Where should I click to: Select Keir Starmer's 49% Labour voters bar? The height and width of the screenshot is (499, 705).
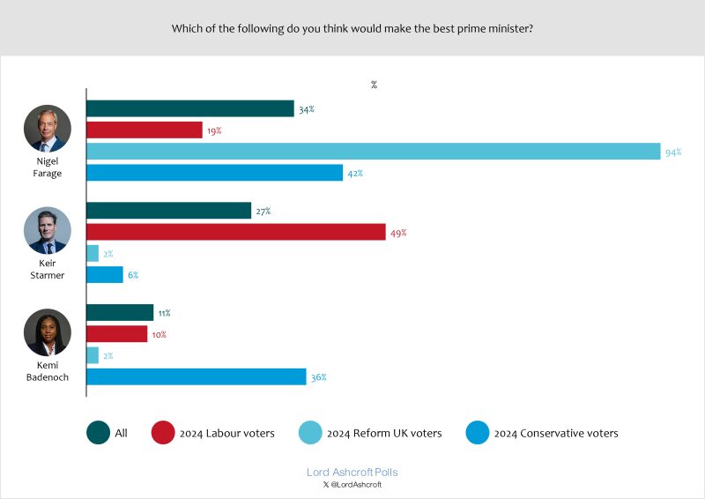click(235, 233)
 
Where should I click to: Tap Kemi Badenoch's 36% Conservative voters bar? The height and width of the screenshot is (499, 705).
click(196, 377)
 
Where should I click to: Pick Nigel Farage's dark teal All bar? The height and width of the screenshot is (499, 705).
click(189, 108)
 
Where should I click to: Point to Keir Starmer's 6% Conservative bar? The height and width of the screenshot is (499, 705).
click(104, 275)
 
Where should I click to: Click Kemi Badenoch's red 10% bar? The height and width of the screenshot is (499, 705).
click(116, 334)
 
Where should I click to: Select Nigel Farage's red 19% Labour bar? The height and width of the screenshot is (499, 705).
click(144, 130)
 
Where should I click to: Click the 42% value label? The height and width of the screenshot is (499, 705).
click(355, 174)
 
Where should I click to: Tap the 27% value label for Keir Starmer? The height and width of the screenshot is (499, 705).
click(263, 212)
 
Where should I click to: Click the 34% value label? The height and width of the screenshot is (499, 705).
click(306, 109)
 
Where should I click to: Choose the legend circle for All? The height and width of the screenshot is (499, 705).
click(98, 433)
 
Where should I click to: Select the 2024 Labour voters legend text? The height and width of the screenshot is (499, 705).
click(227, 433)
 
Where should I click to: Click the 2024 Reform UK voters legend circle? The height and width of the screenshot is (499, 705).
click(309, 433)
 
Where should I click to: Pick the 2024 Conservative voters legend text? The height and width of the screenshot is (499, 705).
click(556, 433)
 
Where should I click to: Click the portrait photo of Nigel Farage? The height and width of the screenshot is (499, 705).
click(47, 130)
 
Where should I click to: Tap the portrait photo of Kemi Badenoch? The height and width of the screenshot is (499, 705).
click(47, 332)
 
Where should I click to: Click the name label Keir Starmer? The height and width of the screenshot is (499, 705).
click(47, 269)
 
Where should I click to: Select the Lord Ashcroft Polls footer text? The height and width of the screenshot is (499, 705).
click(352, 473)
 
